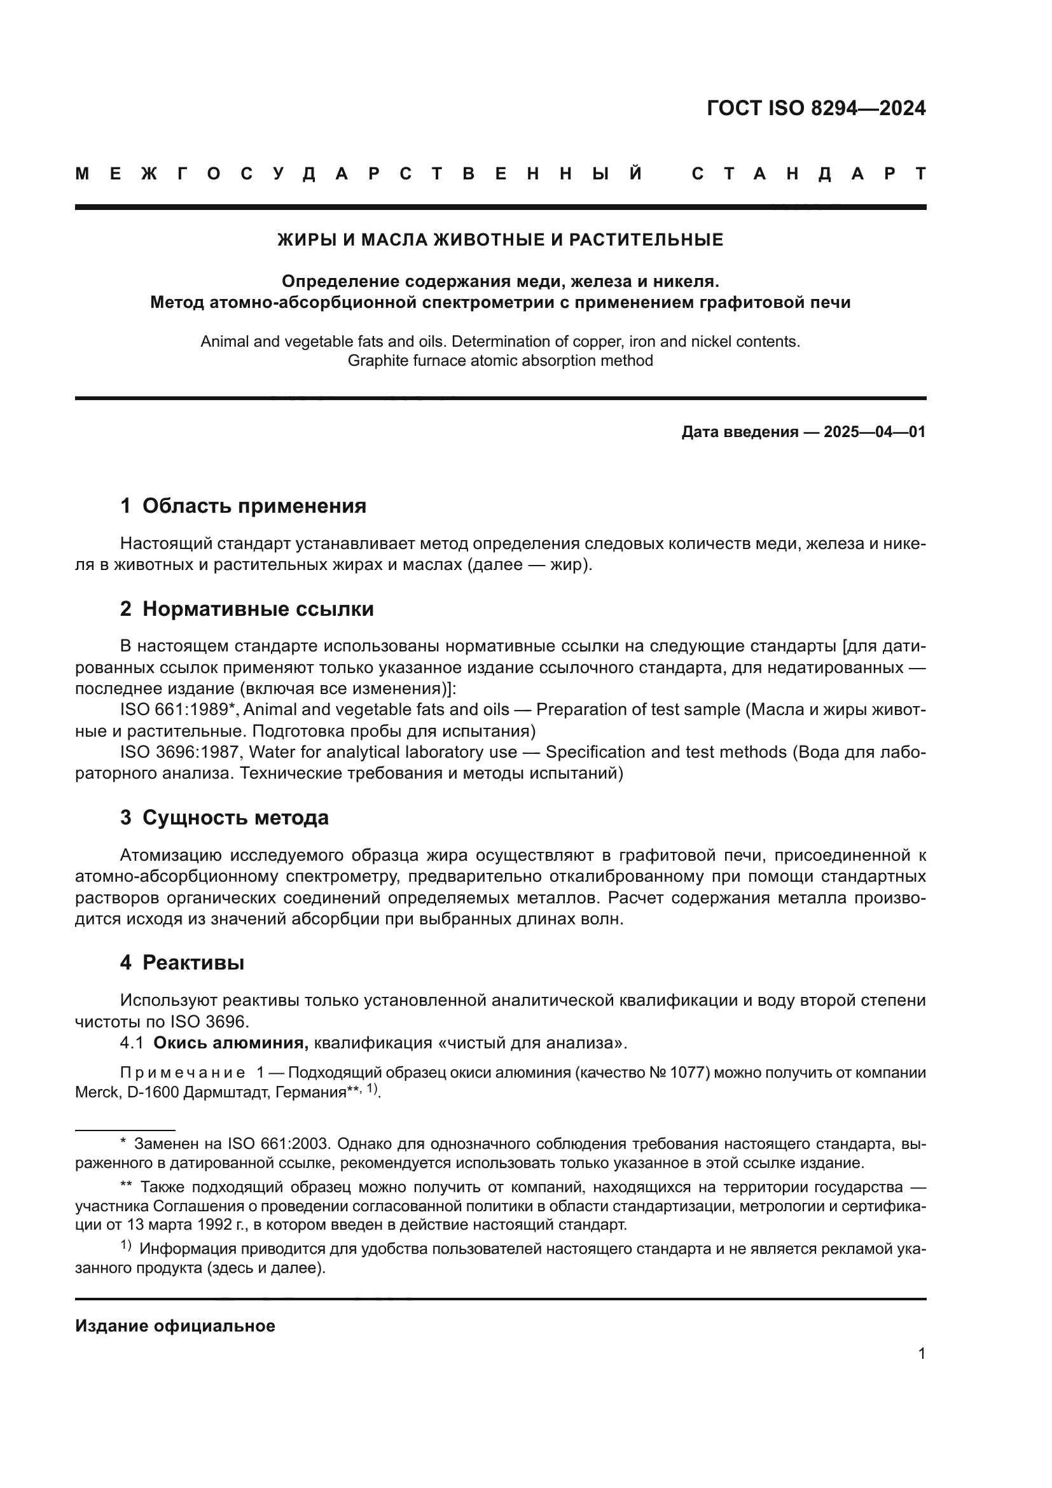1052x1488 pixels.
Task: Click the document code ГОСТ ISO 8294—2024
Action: (815, 108)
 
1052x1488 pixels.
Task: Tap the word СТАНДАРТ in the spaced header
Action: (809, 174)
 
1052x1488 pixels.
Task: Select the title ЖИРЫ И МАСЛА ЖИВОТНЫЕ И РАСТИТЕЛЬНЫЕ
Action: (500, 240)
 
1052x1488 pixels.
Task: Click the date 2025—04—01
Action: (875, 432)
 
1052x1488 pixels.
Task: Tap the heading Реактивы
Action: (193, 963)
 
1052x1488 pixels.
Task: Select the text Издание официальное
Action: (175, 1326)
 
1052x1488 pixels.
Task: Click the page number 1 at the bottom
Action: (921, 1353)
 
